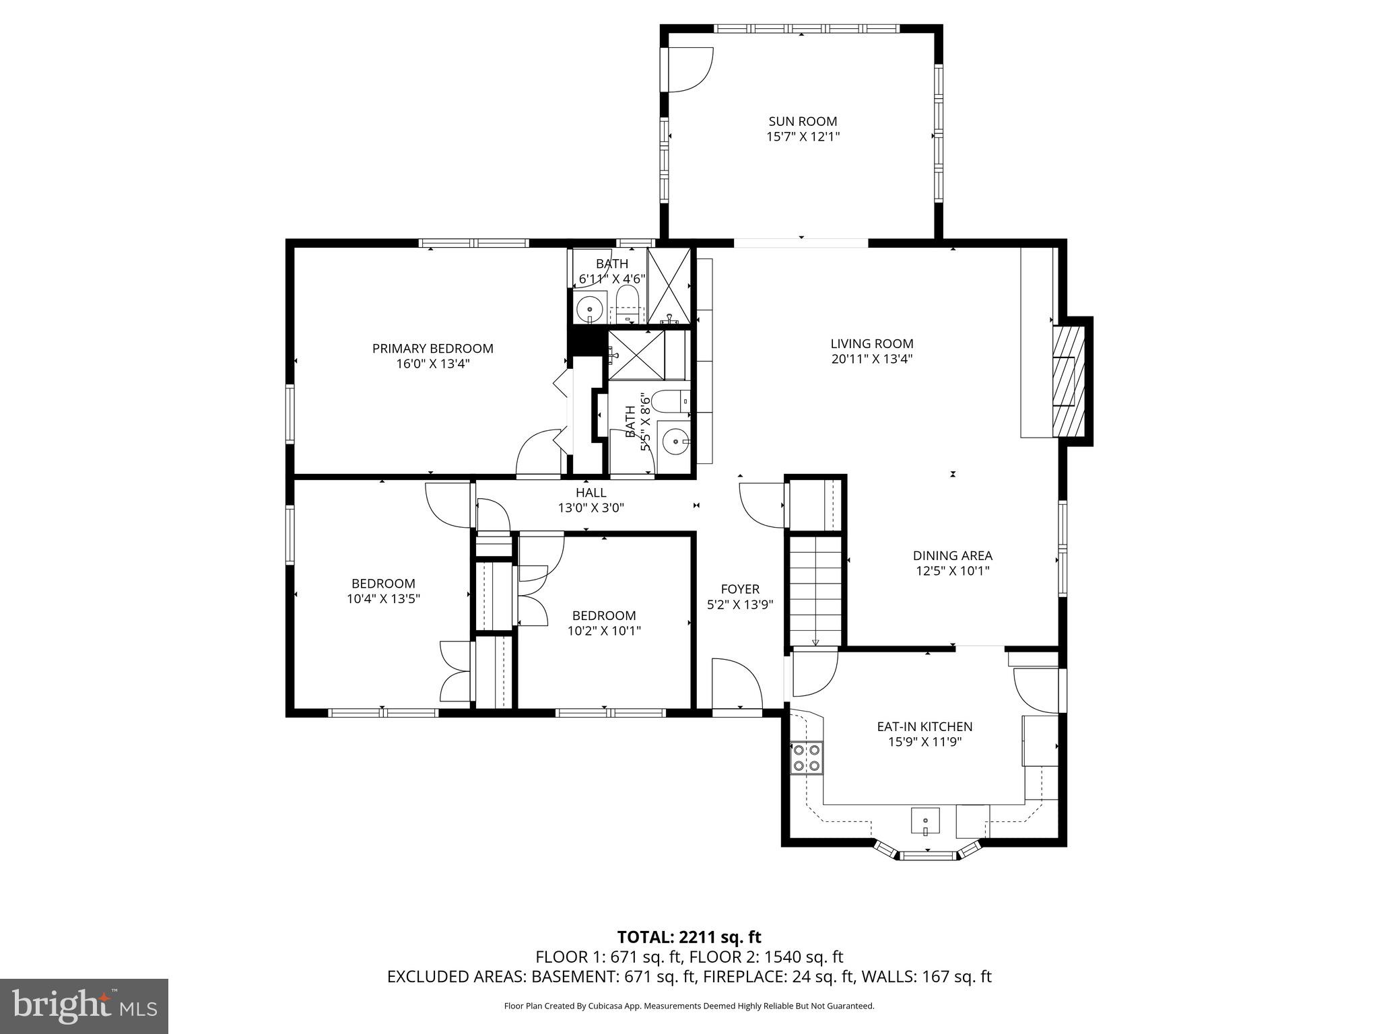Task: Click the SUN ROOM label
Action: tap(803, 121)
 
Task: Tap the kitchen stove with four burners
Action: tap(806, 757)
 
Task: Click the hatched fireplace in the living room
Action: tap(1069, 381)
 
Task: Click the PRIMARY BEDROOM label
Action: tap(432, 349)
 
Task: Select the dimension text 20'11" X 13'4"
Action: tap(871, 359)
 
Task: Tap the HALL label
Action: tap(591, 493)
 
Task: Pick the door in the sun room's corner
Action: tap(690, 69)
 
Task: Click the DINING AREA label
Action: tap(952, 556)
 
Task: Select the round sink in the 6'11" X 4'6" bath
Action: tap(589, 310)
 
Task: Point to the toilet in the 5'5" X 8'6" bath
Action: tap(669, 401)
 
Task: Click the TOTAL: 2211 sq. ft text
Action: tap(689, 937)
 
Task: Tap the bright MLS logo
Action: tap(83, 1006)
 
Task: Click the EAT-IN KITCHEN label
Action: tap(924, 727)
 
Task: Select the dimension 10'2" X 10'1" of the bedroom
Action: tap(604, 631)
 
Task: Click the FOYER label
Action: tap(740, 589)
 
